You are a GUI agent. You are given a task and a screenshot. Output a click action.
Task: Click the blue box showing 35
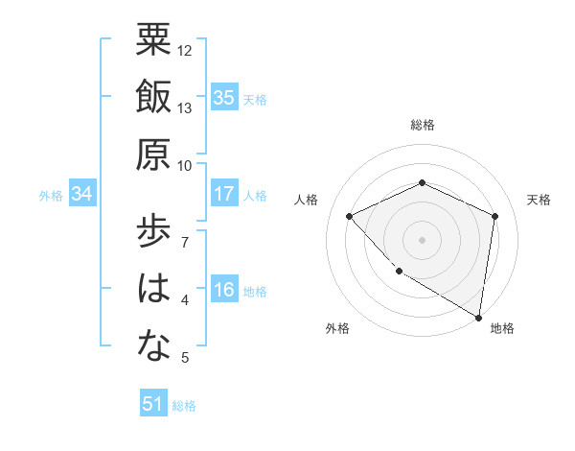[x=224, y=97]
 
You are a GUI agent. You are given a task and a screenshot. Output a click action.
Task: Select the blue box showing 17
[x=224, y=194]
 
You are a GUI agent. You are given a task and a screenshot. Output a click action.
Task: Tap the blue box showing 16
[x=224, y=290]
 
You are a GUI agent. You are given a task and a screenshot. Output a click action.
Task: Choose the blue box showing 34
[x=82, y=194]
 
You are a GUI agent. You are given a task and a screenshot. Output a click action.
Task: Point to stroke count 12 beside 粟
[x=185, y=50]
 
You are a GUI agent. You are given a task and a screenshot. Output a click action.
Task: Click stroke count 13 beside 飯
[x=185, y=108]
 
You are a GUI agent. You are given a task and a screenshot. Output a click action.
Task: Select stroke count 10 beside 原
[x=185, y=166]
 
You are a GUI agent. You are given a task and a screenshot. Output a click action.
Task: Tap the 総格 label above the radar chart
[x=422, y=125]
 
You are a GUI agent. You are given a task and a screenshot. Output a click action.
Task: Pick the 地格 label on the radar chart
[x=502, y=328]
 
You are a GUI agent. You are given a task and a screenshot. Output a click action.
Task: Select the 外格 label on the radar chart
[x=337, y=328]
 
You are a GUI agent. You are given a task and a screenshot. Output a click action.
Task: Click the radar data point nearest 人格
[x=350, y=216]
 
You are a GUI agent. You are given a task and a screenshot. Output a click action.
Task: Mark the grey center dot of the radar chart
[x=422, y=239]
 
